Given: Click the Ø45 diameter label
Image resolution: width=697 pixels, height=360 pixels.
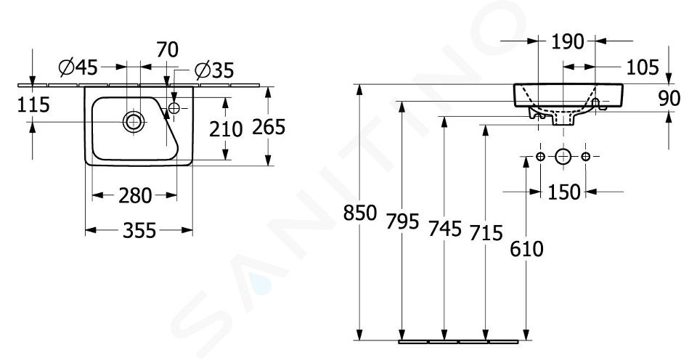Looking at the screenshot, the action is click(78, 67).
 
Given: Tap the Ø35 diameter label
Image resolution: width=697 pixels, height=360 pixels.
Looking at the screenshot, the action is click(214, 70).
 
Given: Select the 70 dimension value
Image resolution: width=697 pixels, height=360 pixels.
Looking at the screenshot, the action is click(167, 49).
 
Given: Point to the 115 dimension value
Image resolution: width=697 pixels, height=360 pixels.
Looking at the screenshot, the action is click(33, 105).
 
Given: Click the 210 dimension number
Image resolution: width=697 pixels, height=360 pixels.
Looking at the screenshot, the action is click(226, 129).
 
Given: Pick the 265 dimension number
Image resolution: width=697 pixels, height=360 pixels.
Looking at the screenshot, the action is click(269, 127).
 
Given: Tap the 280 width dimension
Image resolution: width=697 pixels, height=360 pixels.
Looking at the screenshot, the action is click(135, 195).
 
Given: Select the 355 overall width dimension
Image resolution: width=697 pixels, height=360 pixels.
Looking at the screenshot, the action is click(139, 230).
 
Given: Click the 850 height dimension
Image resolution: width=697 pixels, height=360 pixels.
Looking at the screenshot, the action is click(360, 213).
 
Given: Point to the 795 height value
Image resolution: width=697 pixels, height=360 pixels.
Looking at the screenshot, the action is click(402, 221).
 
